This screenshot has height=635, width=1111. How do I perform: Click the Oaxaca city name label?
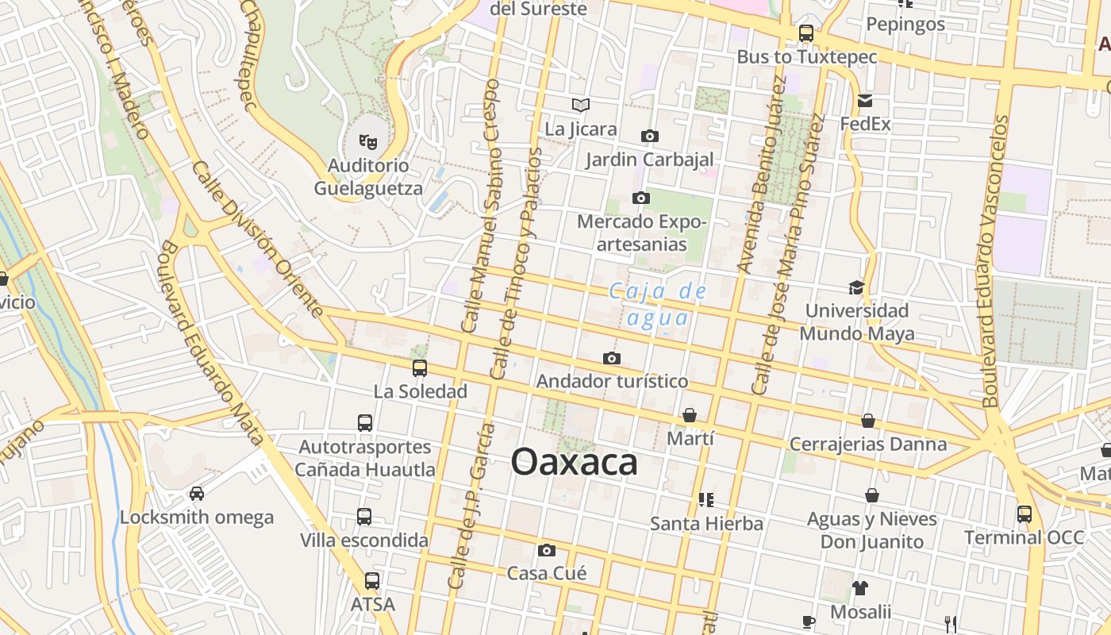pyautogui.click(x=574, y=462)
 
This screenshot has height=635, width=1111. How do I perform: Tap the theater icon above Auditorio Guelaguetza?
pyautogui.click(x=367, y=142)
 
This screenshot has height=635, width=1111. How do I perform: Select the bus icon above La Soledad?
pyautogui.click(x=420, y=368)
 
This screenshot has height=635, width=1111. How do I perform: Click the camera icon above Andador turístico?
pyautogui.click(x=611, y=359)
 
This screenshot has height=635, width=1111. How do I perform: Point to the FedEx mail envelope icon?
pyautogui.click(x=865, y=101)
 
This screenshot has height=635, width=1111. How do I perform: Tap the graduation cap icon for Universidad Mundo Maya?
pyautogui.click(x=856, y=287)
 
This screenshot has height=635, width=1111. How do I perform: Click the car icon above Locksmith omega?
pyautogui.click(x=197, y=494)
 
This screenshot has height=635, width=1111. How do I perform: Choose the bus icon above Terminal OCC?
pyautogui.click(x=1025, y=514)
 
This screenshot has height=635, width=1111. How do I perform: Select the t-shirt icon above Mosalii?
pyautogui.click(x=860, y=588)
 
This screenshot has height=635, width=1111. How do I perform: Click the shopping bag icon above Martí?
pyautogui.click(x=690, y=415)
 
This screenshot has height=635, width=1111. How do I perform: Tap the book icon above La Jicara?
pyautogui.click(x=581, y=105)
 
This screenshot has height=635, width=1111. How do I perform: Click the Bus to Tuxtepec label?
pyautogui.click(x=807, y=57)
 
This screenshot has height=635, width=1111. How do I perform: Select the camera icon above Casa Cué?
pyautogui.click(x=546, y=550)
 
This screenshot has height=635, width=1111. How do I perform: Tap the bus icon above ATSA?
pyautogui.click(x=372, y=581)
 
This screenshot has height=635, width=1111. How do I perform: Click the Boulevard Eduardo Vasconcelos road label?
pyautogui.click(x=992, y=262)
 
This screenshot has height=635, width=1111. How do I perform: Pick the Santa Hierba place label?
pyautogui.click(x=706, y=524)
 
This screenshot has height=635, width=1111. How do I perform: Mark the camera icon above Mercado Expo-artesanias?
pyautogui.click(x=641, y=198)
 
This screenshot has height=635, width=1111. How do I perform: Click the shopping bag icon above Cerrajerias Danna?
pyautogui.click(x=868, y=421)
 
